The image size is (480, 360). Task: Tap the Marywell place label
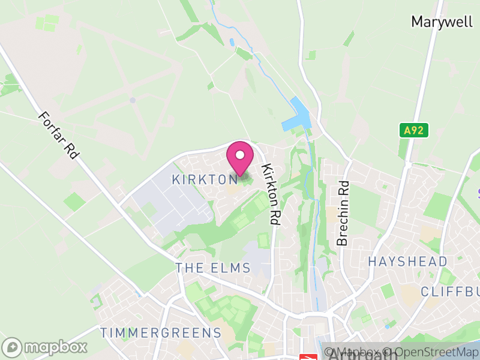[443, 22]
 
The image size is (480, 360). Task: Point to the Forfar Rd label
[58, 135]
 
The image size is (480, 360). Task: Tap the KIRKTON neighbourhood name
[205, 179]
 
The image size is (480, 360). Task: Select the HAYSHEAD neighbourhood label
[407, 262]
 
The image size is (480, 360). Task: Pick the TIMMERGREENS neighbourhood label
[161, 332]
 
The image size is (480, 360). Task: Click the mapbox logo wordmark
[56, 347]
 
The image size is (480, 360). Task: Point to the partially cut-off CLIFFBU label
[450, 292]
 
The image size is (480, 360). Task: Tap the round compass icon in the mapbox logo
[13, 347]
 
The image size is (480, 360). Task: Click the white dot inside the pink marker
[240, 155]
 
